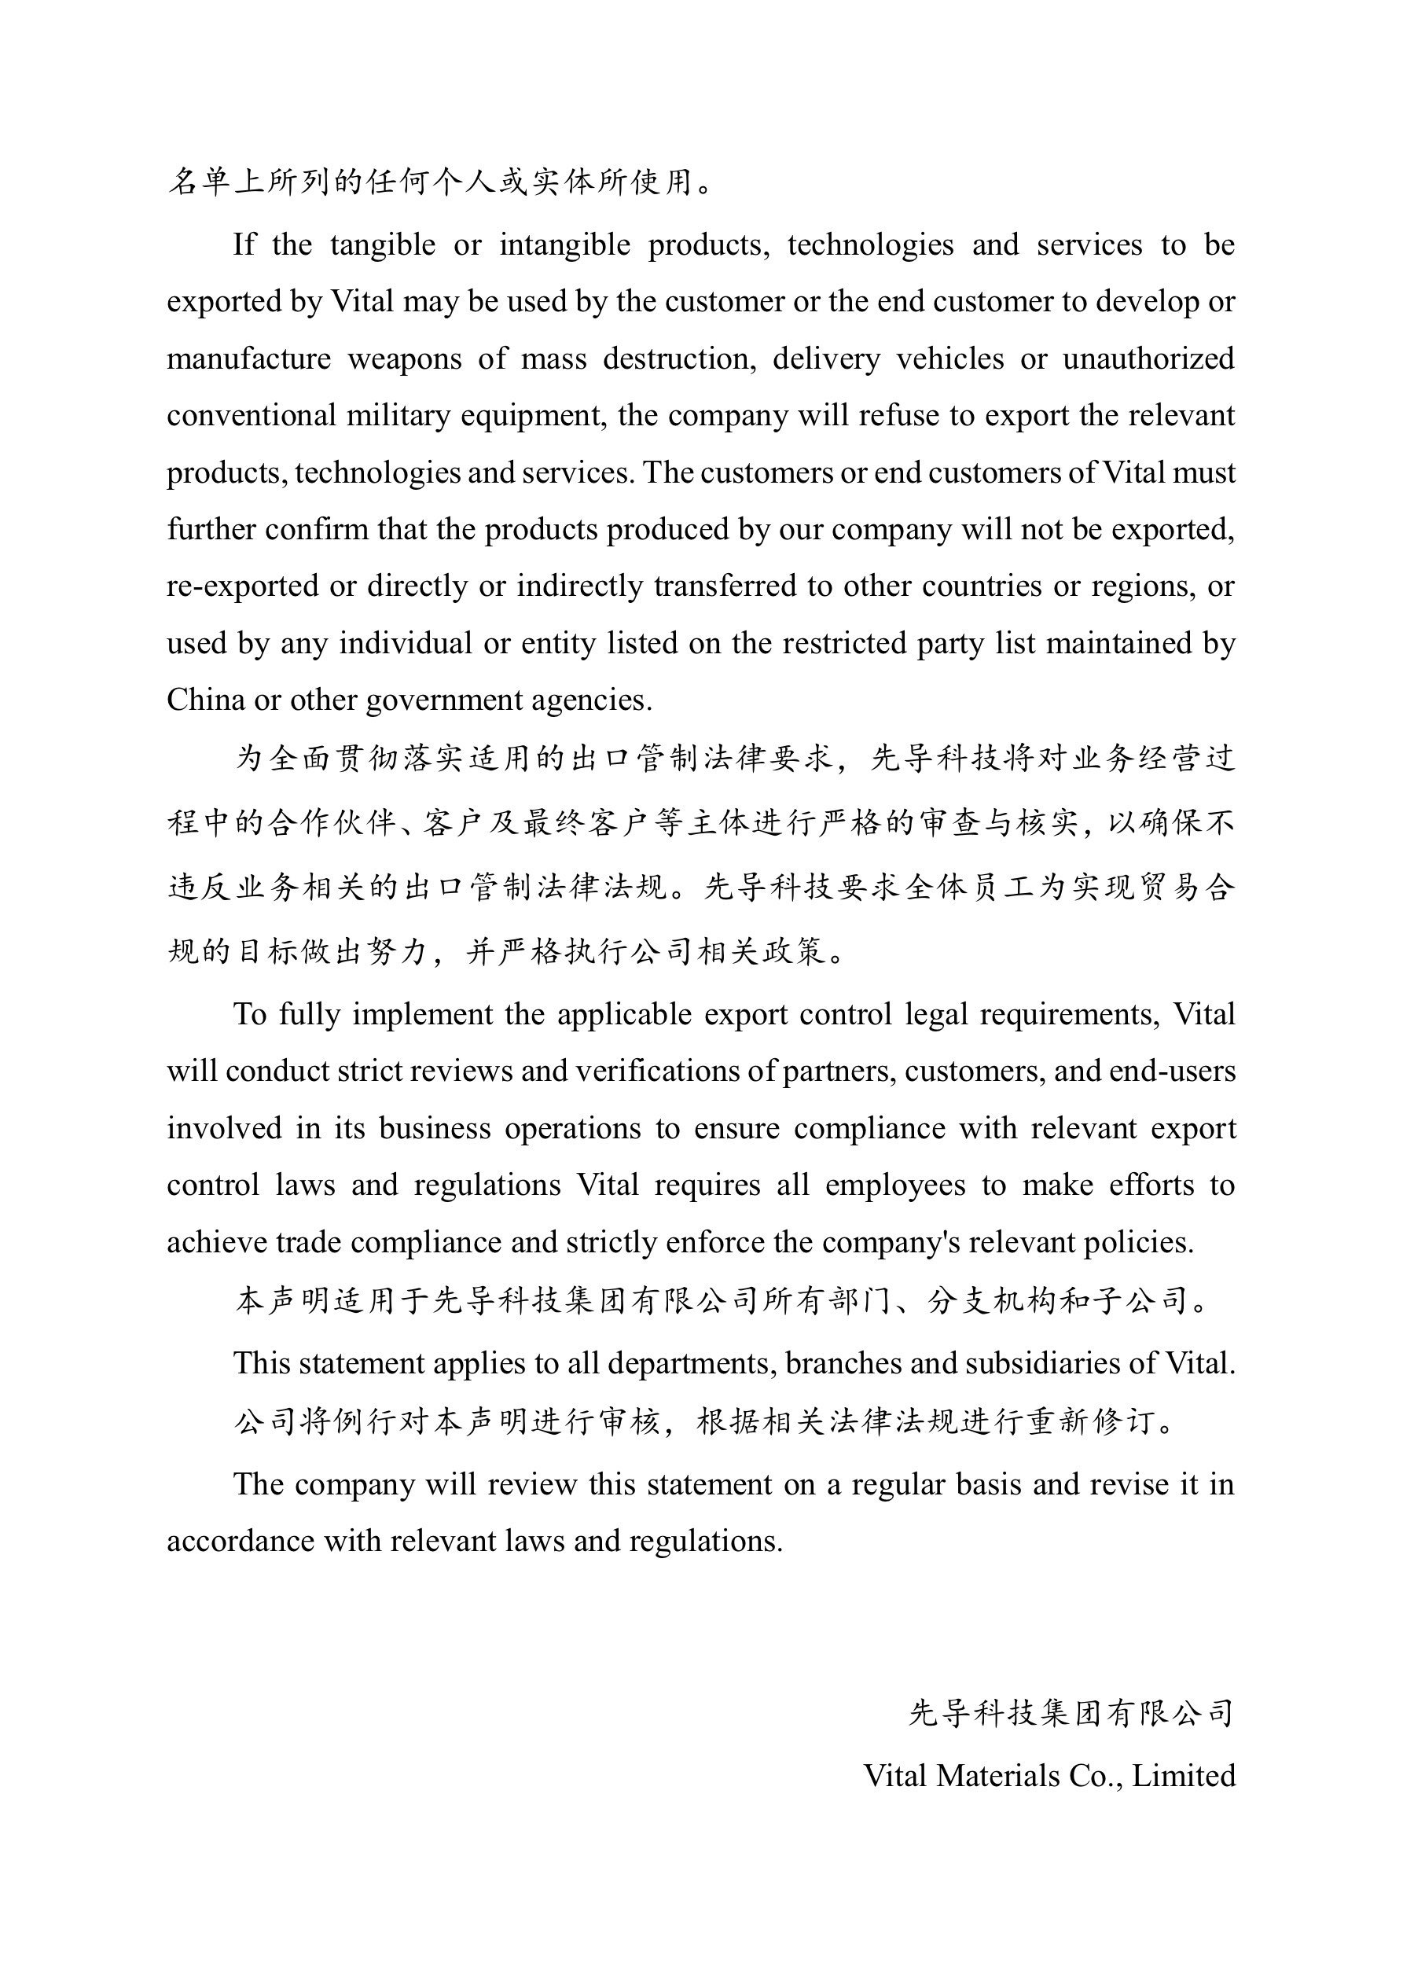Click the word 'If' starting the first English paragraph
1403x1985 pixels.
click(x=244, y=244)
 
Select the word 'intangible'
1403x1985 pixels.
click(x=564, y=244)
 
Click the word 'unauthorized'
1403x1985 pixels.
click(x=1148, y=358)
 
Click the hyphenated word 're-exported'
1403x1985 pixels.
click(x=244, y=586)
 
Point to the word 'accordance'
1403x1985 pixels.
click(x=241, y=1542)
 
